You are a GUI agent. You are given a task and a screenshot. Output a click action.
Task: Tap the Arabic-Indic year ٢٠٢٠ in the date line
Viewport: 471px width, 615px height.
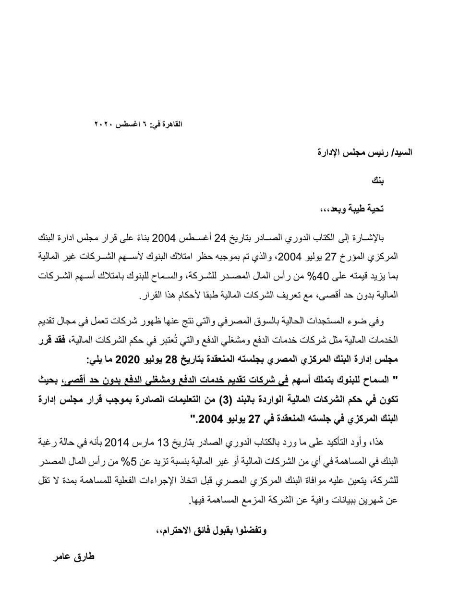103,124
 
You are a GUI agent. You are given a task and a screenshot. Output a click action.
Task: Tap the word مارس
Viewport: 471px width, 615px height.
145,443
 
